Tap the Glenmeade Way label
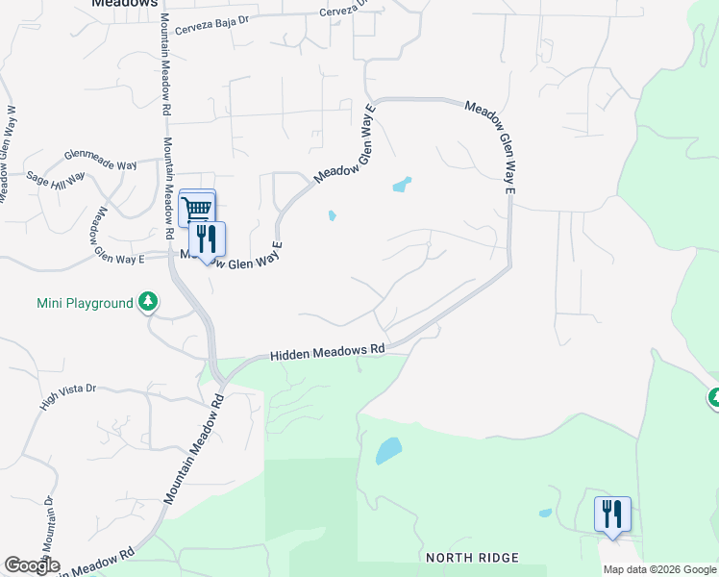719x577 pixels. [x=100, y=159]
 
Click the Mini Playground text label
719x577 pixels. [x=85, y=304]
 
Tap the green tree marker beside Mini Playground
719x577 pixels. [x=147, y=304]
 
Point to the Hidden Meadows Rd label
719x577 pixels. [x=327, y=354]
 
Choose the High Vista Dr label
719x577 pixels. [x=69, y=398]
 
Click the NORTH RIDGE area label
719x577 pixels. [x=474, y=558]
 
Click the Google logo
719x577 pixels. [x=31, y=565]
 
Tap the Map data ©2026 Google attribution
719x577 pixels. [x=659, y=569]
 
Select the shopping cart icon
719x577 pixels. [x=197, y=208]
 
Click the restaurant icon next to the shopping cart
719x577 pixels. [x=207, y=239]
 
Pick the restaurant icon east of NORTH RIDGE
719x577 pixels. [x=612, y=514]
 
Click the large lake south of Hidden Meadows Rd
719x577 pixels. [x=388, y=450]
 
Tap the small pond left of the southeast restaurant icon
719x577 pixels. [x=545, y=513]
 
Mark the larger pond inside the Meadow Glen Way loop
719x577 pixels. [x=402, y=184]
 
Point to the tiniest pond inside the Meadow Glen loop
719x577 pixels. [x=332, y=215]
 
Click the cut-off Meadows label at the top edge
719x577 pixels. [x=124, y=4]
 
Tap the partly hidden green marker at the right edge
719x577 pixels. [x=714, y=396]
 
